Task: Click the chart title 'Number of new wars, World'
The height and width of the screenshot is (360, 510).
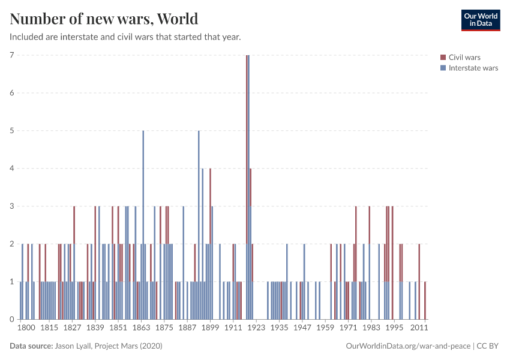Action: click(104, 19)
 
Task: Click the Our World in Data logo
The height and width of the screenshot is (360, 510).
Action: click(480, 20)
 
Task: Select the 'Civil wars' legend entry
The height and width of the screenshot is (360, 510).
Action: click(464, 58)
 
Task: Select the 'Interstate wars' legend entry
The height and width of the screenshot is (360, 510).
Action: click(473, 68)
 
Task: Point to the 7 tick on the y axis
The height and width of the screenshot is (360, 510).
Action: click(11, 55)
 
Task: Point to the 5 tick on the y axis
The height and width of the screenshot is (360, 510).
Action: click(11, 131)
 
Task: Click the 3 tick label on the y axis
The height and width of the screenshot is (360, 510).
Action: click(11, 206)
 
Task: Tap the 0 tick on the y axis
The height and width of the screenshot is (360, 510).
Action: click(11, 319)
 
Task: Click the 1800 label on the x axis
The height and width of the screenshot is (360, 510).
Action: click(26, 328)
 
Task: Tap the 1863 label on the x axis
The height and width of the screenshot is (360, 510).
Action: click(142, 328)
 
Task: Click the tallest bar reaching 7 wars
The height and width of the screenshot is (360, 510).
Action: click(247, 180)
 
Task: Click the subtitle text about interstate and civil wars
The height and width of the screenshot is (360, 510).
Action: click(125, 37)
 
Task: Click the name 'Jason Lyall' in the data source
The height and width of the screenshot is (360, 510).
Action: click(75, 346)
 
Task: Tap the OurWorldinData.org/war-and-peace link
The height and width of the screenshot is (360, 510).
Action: click(409, 346)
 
